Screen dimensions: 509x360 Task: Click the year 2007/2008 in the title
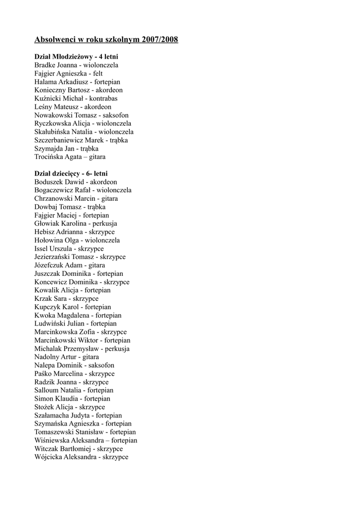click(160, 39)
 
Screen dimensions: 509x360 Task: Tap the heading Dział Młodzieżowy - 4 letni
click(76, 57)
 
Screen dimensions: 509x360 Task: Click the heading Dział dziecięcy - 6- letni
click(71, 173)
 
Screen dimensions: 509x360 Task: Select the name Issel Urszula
click(53, 249)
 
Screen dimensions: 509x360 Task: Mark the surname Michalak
click(48, 349)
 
